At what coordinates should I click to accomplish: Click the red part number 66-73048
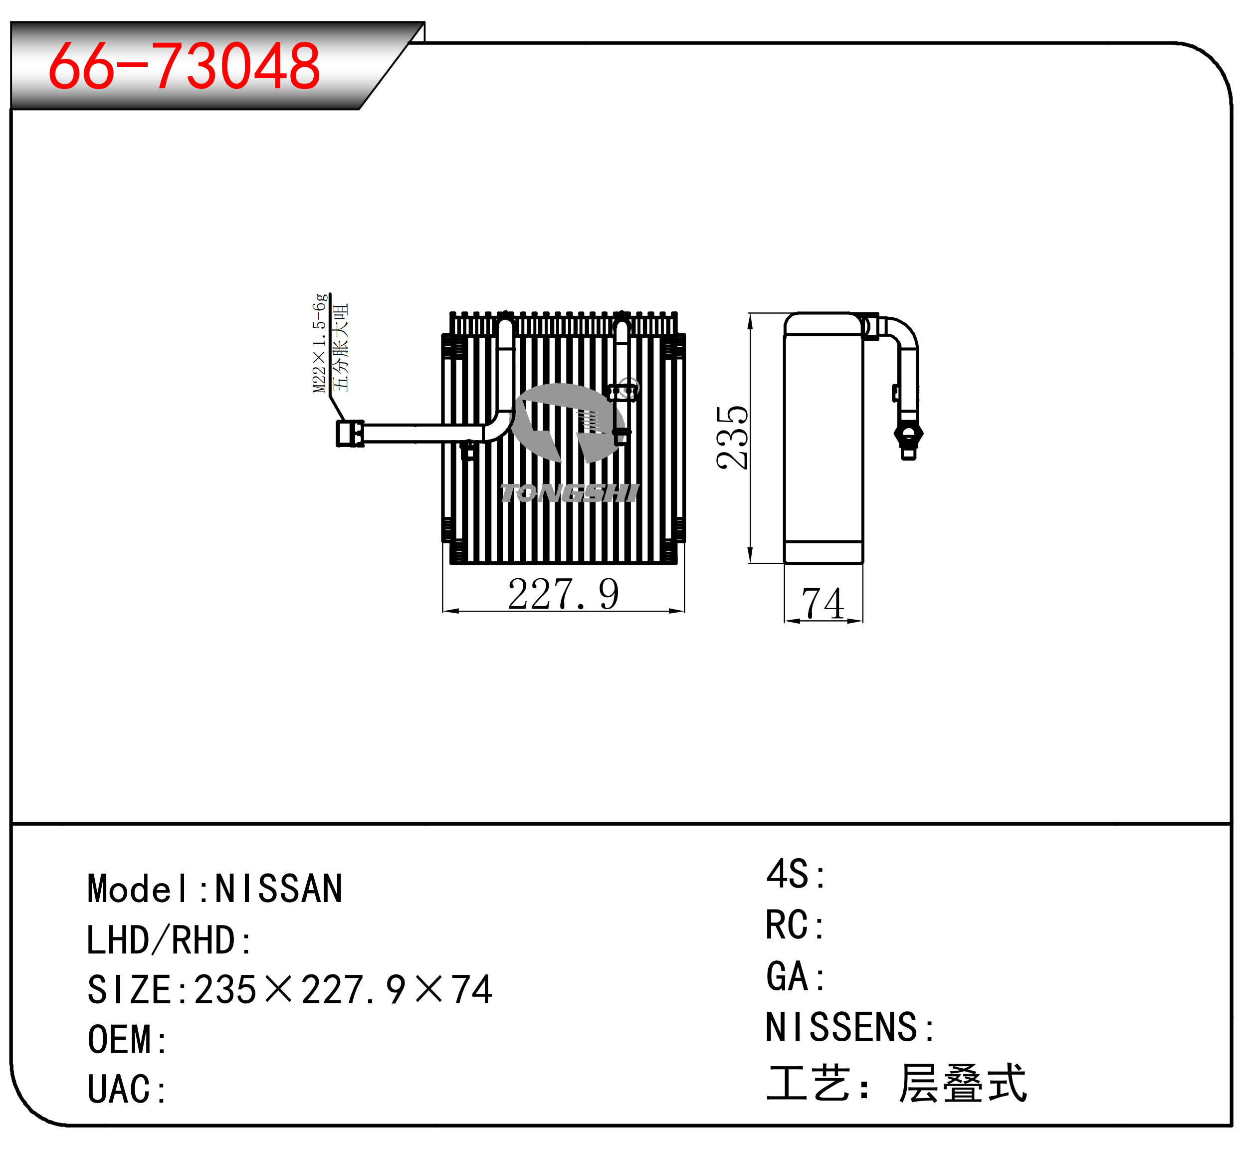coord(185,65)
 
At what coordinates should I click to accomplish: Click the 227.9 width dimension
coord(563,594)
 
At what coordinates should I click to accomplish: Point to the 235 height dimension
coord(732,437)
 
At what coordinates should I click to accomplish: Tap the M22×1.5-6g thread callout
coord(320,343)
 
